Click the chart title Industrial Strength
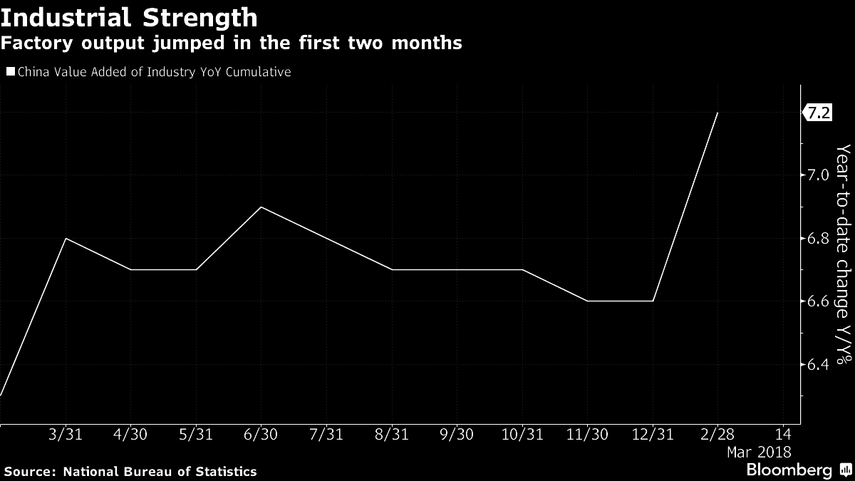click(x=129, y=17)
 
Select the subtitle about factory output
click(x=231, y=43)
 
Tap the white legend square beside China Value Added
click(x=10, y=72)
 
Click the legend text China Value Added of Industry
click(x=153, y=72)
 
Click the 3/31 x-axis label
click(x=66, y=434)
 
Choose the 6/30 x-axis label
click(x=260, y=434)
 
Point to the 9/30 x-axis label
click(x=456, y=434)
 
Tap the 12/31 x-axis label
click(x=652, y=434)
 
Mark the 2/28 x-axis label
click(x=717, y=434)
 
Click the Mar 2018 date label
click(x=758, y=452)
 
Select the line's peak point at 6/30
click(x=261, y=207)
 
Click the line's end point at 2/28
click(x=717, y=113)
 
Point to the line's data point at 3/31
click(x=66, y=238)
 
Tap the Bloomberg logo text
click(x=789, y=470)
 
